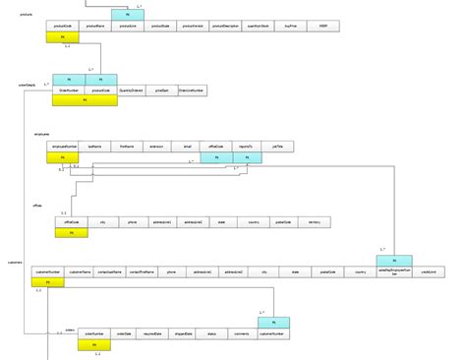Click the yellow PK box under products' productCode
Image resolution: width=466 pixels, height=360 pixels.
pyautogui.click(x=62, y=37)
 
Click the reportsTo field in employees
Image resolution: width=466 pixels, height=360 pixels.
pyautogui.click(x=246, y=147)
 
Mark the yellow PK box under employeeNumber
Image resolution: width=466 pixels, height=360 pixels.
pyautogui.click(x=64, y=156)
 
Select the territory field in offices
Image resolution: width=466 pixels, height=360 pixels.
pyautogui.click(x=314, y=223)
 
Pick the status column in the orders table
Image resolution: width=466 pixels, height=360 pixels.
pyautogui.click(x=211, y=335)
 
